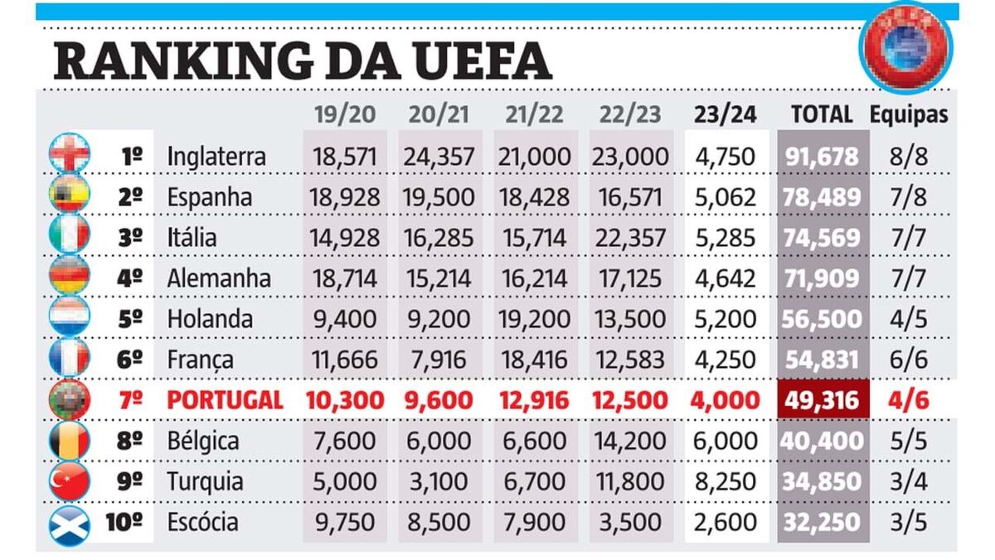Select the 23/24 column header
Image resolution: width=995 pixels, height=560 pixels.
[x=726, y=115]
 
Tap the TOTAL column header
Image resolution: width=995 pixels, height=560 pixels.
[x=822, y=115]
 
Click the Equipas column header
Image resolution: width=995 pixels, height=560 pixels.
[x=909, y=115]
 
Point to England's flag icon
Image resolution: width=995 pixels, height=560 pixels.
[x=70, y=155]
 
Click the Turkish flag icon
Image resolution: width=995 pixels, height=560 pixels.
[x=70, y=480]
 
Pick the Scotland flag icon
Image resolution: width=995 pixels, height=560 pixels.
[x=70, y=522]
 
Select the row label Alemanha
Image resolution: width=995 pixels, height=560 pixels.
[x=219, y=278]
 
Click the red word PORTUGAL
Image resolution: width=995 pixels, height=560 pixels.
[x=225, y=400]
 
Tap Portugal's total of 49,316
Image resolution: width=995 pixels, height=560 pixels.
[x=823, y=400]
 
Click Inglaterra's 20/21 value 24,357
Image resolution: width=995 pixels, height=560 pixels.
[x=439, y=156]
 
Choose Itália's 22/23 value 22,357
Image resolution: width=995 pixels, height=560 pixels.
[x=630, y=238]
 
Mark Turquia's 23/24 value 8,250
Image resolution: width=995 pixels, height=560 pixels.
[x=726, y=481]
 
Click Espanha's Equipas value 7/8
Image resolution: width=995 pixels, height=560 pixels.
[x=910, y=197]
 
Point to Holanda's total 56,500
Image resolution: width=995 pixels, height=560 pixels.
[x=823, y=319]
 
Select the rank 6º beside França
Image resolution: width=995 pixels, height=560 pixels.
[x=131, y=360]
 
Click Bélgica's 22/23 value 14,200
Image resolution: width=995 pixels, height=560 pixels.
[x=630, y=441]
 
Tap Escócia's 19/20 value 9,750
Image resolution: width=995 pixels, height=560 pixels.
[x=344, y=522]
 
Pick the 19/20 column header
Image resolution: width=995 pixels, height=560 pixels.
[x=344, y=115]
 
